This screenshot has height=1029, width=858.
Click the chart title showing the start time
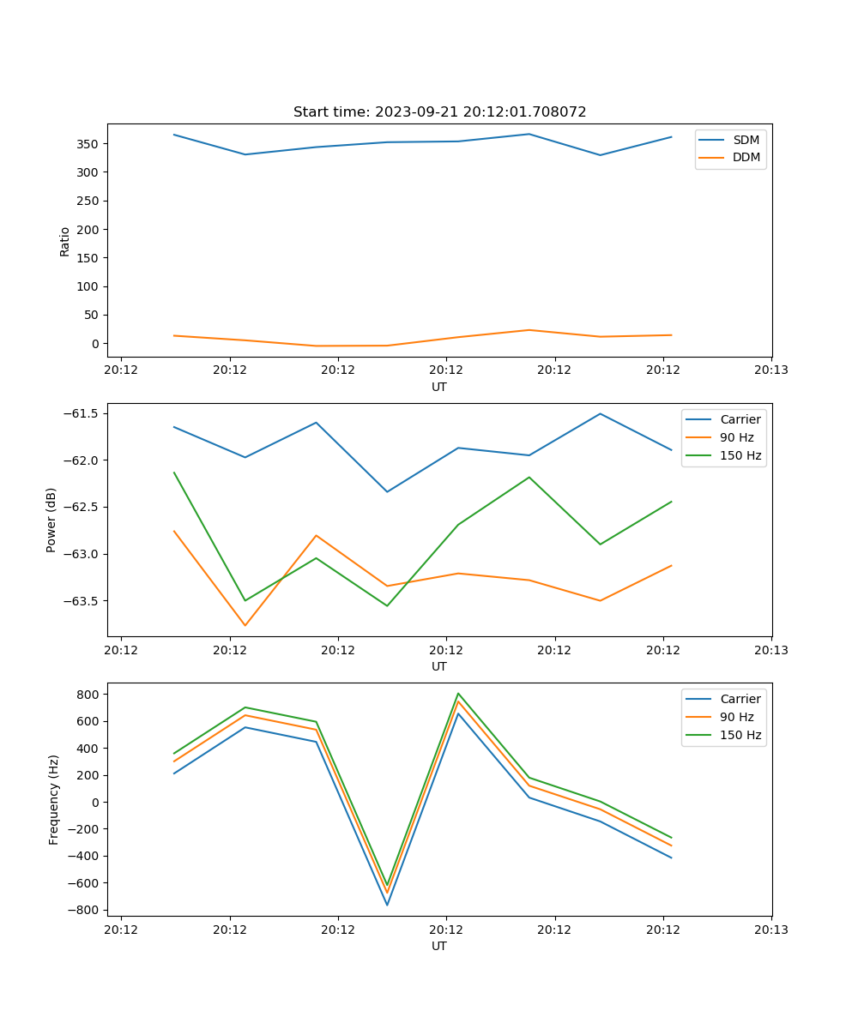pos(439,112)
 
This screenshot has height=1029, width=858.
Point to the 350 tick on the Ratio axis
pos(90,143)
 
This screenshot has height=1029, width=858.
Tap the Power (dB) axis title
pos(51,520)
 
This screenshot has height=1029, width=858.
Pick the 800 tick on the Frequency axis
pos(90,694)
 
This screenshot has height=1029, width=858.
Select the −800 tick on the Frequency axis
pos(86,910)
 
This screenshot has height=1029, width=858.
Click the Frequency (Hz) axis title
pos(54,799)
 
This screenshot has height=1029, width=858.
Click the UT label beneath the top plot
pos(439,387)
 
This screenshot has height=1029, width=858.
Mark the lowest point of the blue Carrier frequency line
pos(387,905)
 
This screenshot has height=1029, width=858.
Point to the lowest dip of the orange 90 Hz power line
pos(245,625)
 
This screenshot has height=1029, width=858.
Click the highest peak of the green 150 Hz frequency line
pos(458,693)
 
